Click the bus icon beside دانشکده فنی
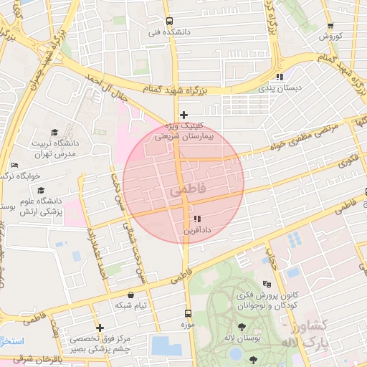[169, 21]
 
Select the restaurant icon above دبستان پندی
[280, 77]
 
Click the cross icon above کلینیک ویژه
[184, 115]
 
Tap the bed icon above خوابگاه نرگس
[15, 166]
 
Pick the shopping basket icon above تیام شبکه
[130, 294]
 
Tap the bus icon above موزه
[188, 313]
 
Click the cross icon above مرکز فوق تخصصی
[100, 328]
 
